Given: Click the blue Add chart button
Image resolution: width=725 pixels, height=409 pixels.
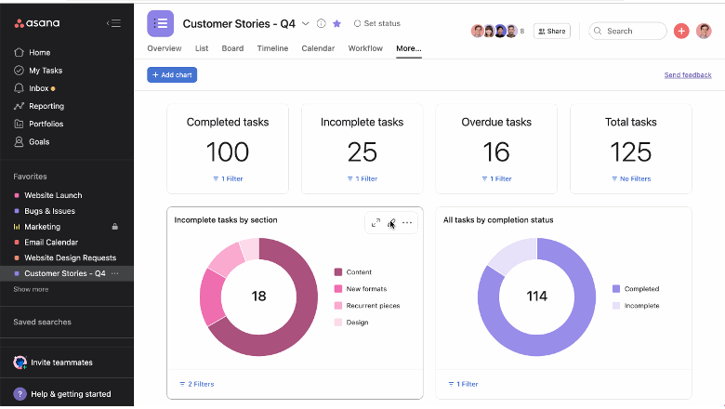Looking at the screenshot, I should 172,74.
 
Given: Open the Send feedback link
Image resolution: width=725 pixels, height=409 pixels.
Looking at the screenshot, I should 687,74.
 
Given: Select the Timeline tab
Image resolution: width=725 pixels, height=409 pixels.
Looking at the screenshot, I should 272,48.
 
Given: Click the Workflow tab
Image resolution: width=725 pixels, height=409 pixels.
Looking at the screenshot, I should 365,48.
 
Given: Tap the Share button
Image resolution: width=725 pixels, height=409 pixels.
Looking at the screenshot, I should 551,31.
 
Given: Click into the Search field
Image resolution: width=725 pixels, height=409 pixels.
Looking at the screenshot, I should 630,31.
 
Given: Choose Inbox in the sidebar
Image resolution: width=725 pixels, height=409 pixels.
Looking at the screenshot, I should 39,88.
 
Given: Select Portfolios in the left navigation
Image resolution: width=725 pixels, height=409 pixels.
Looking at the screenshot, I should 46,124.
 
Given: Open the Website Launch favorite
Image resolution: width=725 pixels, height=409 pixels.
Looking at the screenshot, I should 53,195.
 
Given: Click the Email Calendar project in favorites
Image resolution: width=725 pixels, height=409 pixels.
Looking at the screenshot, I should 51,242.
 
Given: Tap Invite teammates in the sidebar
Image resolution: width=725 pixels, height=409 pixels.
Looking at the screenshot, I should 61,363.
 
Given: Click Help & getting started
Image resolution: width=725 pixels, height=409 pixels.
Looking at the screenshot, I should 71,394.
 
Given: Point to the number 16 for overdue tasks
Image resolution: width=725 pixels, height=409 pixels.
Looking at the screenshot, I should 496,151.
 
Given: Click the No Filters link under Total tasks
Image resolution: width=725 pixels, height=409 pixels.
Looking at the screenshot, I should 631,178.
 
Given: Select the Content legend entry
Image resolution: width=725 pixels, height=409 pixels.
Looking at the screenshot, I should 358,272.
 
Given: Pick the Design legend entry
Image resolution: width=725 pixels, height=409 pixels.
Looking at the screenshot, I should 356,323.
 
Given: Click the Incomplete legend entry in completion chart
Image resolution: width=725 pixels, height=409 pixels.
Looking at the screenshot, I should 641,305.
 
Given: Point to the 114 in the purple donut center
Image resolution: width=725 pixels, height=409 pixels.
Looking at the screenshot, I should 536,296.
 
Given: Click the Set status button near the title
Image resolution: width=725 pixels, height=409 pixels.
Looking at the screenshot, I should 376,23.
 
